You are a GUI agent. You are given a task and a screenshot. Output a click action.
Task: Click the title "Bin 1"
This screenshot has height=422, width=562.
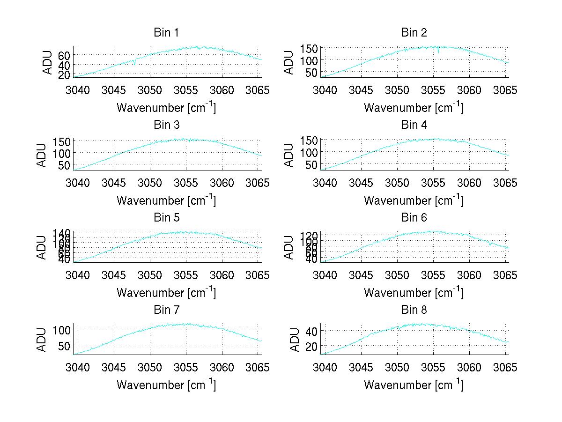point(166,32)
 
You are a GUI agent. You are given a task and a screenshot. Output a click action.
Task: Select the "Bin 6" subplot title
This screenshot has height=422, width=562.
point(414,217)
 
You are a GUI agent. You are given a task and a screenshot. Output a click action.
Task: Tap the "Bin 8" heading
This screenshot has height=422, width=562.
point(414,310)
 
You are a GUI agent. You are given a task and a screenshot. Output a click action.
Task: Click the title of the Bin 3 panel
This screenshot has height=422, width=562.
point(166,125)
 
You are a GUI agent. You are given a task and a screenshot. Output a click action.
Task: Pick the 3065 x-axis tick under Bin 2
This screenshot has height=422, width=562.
point(506,89)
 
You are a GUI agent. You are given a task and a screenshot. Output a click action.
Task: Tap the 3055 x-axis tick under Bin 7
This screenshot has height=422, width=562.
point(186,367)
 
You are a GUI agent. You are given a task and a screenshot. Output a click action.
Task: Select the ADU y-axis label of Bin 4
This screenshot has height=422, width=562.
point(289,155)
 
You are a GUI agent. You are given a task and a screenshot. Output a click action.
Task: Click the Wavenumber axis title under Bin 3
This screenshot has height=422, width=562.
point(166,200)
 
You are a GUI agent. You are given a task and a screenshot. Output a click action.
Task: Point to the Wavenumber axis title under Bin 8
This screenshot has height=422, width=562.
point(414,385)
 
